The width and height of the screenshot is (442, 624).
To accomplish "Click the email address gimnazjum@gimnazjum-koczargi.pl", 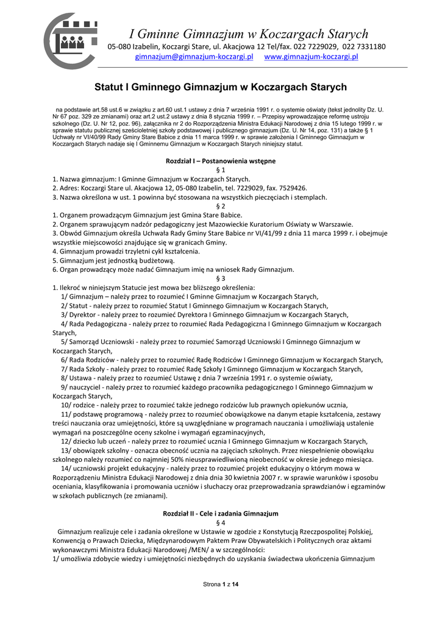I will point(194,57).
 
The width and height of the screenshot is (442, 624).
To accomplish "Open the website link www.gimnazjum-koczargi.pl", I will point(311,57).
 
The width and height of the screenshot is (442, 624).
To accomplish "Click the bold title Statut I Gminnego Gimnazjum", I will point(221,88).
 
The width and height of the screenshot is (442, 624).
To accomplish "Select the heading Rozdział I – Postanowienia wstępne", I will point(221,161).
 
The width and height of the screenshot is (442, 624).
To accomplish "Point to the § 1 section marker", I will point(221,170).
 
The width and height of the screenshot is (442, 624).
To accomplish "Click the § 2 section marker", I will point(221,206).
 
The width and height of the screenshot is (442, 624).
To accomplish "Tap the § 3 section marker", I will point(221,278).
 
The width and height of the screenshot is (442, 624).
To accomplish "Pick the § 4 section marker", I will point(221,522).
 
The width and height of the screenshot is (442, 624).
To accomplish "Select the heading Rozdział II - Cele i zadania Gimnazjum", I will point(221,513).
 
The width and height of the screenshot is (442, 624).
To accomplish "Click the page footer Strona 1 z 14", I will point(221,584).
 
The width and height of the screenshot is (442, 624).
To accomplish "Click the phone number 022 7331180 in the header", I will point(364,46).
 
